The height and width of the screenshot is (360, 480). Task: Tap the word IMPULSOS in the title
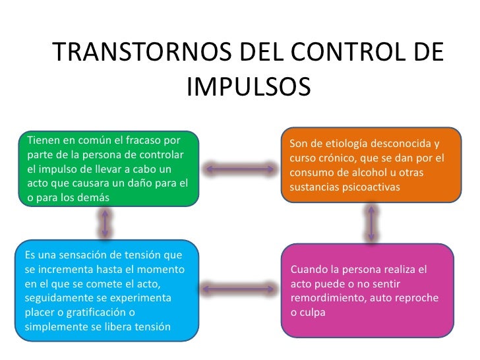point(248,85)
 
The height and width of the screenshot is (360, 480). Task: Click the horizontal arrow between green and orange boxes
point(240,168)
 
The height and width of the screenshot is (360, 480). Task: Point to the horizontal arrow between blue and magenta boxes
point(240,288)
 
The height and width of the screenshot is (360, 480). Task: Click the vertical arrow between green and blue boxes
point(104,224)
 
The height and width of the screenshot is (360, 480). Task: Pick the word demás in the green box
point(93,197)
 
